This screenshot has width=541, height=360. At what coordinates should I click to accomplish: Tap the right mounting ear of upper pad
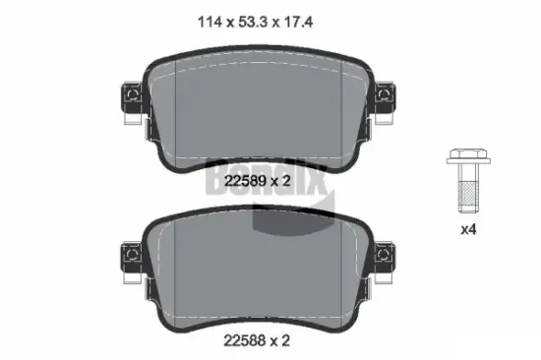tap(387, 98)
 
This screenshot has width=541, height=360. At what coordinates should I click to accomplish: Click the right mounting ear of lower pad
tap(387, 258)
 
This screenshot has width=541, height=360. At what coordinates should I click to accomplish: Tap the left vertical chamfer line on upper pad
tap(175, 108)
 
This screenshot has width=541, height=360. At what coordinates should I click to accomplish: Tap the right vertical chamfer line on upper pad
tap(342, 108)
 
